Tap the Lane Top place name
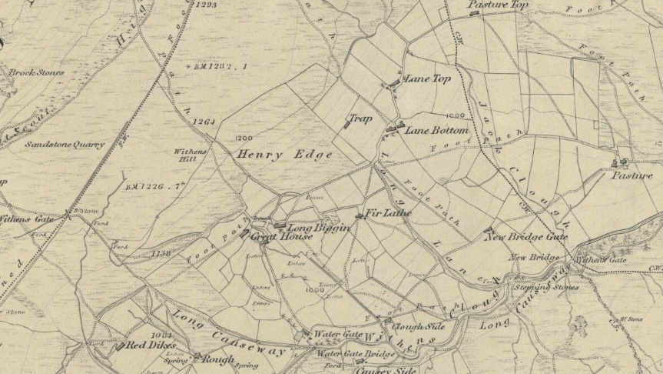[x=427, y=79]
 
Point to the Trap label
[x=360, y=119]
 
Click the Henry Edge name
[x=284, y=155]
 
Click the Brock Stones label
[x=37, y=73]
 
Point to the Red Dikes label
[x=151, y=346]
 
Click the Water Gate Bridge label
[x=356, y=355]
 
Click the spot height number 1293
[x=206, y=5]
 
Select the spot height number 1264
[x=203, y=122]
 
